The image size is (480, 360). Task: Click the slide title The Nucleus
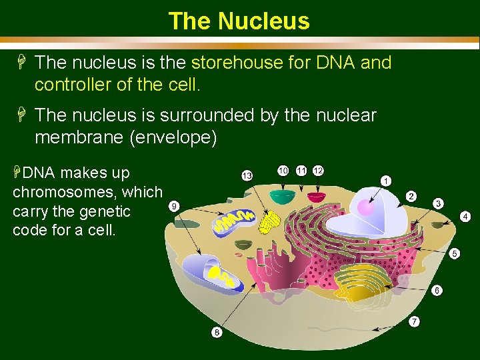[x=239, y=21]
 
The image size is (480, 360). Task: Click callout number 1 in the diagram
[x=386, y=181]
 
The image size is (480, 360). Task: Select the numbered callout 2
[x=411, y=196]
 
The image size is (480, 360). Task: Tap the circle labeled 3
[x=439, y=203]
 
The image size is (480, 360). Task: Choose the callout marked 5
[x=454, y=253]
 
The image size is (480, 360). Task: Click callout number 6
[x=437, y=291]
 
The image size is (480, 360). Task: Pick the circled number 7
[x=414, y=322]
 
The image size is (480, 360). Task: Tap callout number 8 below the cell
[x=217, y=332]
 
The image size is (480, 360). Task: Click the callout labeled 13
[x=247, y=175]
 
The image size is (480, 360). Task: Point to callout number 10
[x=283, y=171]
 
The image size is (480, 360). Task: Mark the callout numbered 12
[x=318, y=171]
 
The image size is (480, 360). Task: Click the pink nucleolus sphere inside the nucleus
[x=366, y=208]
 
